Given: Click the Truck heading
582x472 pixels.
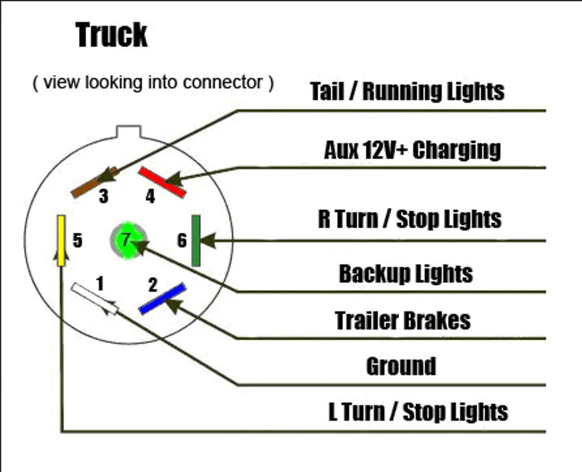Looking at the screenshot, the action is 111,35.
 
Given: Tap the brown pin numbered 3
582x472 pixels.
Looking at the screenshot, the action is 95,182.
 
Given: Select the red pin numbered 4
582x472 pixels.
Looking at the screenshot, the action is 162,182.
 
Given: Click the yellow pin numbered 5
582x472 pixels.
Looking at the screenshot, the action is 61,240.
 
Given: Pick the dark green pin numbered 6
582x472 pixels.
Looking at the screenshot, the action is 196,240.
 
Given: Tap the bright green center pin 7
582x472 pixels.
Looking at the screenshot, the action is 128,240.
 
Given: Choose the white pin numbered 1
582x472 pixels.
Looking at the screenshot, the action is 95,298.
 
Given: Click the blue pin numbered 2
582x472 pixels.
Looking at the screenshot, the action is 162,299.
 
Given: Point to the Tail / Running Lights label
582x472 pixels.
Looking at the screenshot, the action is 407,91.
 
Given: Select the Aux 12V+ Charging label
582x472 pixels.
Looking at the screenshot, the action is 412,150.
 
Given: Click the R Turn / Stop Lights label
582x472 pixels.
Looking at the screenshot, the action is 410,219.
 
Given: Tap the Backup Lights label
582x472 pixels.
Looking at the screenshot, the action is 406,274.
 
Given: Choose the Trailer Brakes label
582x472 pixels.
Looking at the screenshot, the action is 403,321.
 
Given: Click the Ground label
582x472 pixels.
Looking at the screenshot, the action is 401,366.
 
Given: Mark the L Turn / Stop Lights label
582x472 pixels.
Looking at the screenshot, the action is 418,412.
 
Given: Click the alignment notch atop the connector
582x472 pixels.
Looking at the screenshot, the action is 128,132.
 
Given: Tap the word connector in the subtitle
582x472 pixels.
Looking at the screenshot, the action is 223,82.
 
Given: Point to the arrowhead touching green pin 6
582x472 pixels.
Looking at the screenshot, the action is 208,240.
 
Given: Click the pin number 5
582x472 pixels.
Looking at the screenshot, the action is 77,240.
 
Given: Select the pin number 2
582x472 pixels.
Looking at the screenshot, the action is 153,285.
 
